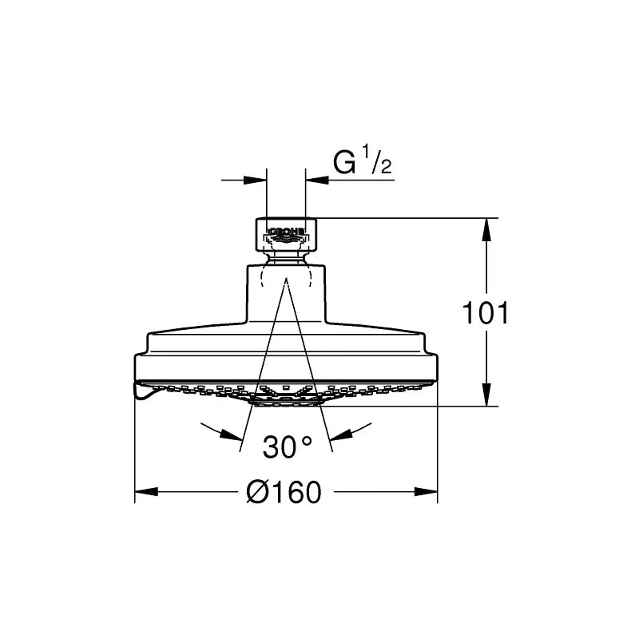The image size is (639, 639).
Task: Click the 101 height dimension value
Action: point(486,313)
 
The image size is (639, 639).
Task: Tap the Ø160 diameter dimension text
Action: point(284,492)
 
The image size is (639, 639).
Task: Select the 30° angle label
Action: point(288,447)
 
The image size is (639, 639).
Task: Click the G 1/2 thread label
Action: point(363,161)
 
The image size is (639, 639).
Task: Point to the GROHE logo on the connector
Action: point(286,232)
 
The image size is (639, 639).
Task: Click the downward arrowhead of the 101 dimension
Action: point(486,395)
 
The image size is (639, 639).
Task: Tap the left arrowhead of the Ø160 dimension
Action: point(146,491)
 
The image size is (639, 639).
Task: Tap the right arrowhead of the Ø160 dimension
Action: point(426,491)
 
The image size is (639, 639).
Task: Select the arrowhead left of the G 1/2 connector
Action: point(255,180)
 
